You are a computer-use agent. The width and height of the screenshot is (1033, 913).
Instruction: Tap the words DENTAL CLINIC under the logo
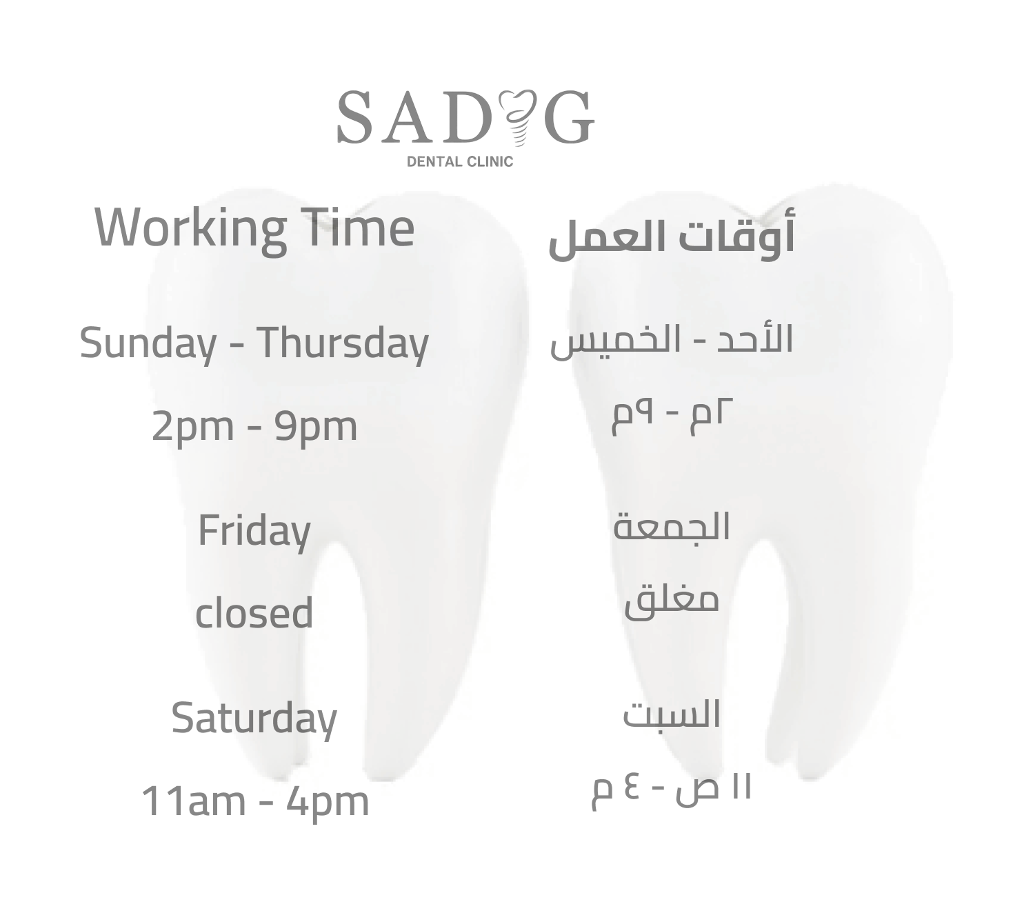pos(459,161)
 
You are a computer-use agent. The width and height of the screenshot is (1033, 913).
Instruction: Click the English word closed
pos(254,612)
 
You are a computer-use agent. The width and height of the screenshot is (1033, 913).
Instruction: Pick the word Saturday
pos(254,719)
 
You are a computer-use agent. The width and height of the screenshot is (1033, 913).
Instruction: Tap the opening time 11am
pos(193,801)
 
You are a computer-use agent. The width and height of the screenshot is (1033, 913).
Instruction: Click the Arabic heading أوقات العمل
pos(672,238)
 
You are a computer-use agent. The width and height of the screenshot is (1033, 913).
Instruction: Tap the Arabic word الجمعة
pos(672,527)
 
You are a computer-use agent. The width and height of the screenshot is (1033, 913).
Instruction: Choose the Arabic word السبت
pos(672,714)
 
